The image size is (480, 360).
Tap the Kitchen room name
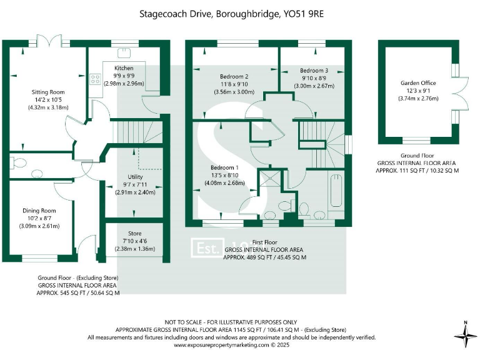(x=124, y=67)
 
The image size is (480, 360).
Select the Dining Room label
(x=39, y=211)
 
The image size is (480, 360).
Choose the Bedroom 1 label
(x=225, y=168)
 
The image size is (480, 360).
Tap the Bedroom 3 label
(x=314, y=71)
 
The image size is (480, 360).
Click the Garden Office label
(x=418, y=82)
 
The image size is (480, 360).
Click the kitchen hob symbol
(x=96, y=79)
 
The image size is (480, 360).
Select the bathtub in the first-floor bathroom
(x=336, y=194)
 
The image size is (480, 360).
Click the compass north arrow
(x=465, y=334)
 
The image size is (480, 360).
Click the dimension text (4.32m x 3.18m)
(x=47, y=107)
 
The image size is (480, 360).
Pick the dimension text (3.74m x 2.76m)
(x=418, y=97)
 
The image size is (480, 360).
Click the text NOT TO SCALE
(x=186, y=322)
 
